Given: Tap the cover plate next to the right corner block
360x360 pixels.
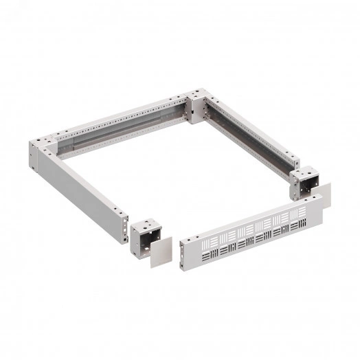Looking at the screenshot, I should (x=323, y=195).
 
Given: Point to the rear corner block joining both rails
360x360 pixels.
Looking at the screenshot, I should (x=198, y=106).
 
